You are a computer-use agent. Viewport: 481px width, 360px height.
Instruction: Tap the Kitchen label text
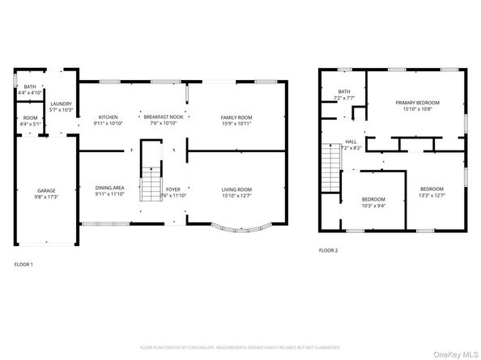coord(109,117)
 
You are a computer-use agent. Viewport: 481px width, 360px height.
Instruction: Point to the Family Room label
coord(237,117)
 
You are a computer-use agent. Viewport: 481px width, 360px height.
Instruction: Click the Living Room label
coord(237,189)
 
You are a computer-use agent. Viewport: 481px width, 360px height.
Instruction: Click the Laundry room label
coord(62,104)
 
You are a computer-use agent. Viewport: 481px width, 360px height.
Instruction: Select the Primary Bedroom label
coord(417,103)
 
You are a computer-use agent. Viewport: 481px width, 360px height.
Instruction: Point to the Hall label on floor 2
coord(351,142)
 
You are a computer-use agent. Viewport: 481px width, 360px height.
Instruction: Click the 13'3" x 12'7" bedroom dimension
coord(432,195)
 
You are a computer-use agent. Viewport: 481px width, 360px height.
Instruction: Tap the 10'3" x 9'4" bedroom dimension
coord(373,205)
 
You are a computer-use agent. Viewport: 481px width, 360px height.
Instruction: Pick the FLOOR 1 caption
coord(25,264)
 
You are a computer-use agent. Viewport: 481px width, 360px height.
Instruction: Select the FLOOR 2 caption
coord(328,250)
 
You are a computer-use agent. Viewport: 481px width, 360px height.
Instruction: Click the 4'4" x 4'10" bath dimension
coord(29,93)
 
